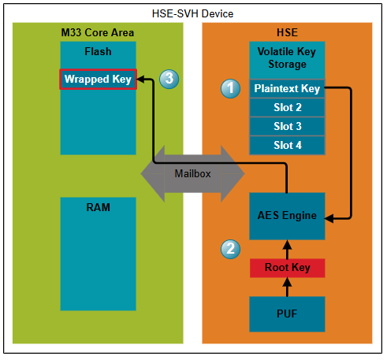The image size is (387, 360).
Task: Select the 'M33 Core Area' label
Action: click(x=98, y=32)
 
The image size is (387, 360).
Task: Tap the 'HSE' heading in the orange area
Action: click(x=287, y=32)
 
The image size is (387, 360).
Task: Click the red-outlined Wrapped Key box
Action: click(x=99, y=80)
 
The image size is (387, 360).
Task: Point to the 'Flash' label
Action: click(x=99, y=52)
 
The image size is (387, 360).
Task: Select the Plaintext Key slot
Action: click(x=287, y=89)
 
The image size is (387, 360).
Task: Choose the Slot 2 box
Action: click(x=287, y=108)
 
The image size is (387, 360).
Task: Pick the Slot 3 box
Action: click(x=287, y=127)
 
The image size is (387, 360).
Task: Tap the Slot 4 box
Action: click(x=287, y=145)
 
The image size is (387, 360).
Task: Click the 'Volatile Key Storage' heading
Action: click(x=287, y=58)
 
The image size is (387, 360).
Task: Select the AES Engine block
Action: click(x=287, y=216)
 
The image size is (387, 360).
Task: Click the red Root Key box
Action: click(x=287, y=268)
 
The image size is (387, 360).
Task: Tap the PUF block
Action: click(x=287, y=314)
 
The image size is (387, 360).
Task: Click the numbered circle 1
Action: click(x=229, y=88)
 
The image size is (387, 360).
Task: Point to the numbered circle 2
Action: click(x=229, y=249)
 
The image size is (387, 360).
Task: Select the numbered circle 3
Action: click(x=168, y=79)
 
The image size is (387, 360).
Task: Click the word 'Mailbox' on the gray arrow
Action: click(x=192, y=173)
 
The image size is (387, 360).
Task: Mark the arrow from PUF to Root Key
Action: click(x=287, y=288)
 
